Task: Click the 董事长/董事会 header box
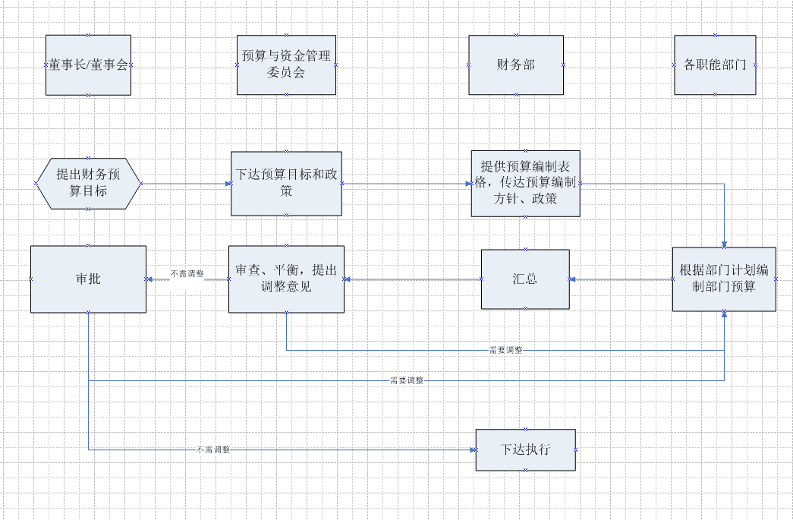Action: tap(88, 65)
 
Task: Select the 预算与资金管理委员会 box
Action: tap(286, 65)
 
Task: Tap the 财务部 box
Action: tap(516, 65)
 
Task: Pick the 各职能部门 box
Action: tap(715, 65)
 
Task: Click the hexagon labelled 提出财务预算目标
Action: tap(88, 184)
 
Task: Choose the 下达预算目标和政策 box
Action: tap(286, 184)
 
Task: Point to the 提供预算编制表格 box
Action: tap(525, 184)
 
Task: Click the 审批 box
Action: tap(88, 279)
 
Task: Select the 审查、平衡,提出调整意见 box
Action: tap(286, 279)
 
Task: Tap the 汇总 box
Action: tap(524, 279)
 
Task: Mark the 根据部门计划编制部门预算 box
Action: tap(724, 279)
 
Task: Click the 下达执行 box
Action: tap(525, 449)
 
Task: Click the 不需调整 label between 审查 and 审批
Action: tap(186, 273)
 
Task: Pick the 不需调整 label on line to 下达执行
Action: tap(212, 450)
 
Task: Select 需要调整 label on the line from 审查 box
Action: tap(505, 350)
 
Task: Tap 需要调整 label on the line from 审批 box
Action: tap(406, 380)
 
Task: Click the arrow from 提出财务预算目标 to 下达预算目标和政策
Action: tap(186, 184)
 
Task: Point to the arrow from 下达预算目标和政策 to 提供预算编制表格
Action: tap(406, 184)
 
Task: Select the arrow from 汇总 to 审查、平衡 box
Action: tap(413, 279)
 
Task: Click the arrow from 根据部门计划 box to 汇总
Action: tap(620, 279)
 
